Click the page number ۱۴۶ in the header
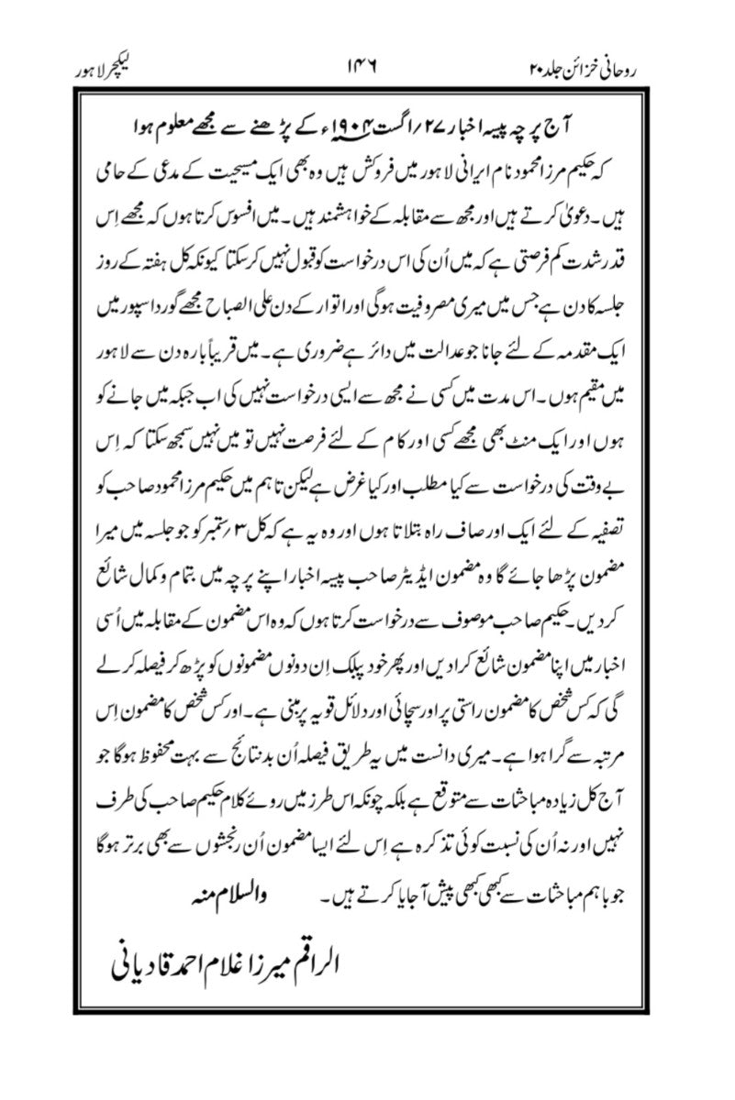(367, 70)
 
